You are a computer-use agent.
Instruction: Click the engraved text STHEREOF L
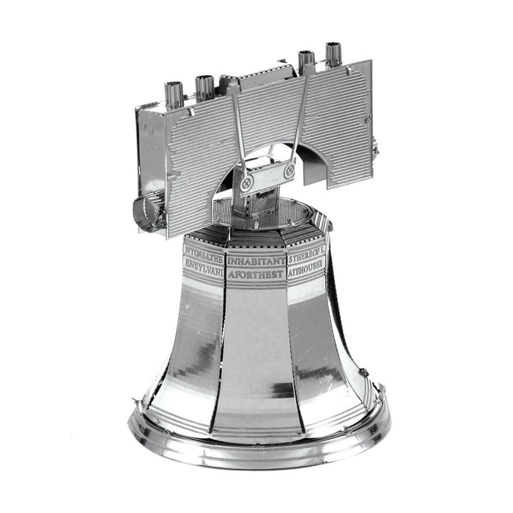(x=306, y=259)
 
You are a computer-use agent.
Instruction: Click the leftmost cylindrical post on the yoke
(x=174, y=93)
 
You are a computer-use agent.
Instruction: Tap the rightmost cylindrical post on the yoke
(x=333, y=53)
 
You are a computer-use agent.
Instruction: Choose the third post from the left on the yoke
(x=306, y=60)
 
